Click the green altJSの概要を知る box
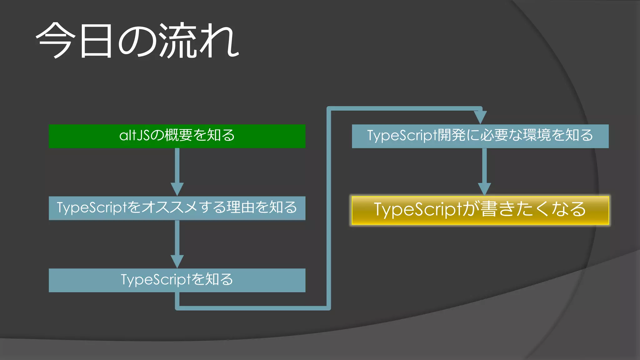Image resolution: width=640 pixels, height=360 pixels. (177, 136)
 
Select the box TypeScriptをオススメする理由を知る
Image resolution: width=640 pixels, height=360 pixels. (177, 208)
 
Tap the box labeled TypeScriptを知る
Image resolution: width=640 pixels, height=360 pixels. (177, 280)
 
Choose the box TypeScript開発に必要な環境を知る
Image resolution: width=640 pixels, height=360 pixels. (480, 136)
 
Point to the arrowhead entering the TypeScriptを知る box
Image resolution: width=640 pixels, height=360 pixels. (177, 261)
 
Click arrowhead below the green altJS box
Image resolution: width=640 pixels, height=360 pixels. (177, 189)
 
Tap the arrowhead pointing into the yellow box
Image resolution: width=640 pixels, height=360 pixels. (484, 189)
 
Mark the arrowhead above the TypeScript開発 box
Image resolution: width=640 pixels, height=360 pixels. (480, 117)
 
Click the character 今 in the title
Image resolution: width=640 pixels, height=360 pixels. (56, 41)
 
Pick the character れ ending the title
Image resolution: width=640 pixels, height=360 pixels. (219, 41)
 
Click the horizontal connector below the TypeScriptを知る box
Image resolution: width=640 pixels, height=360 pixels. (253, 308)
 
